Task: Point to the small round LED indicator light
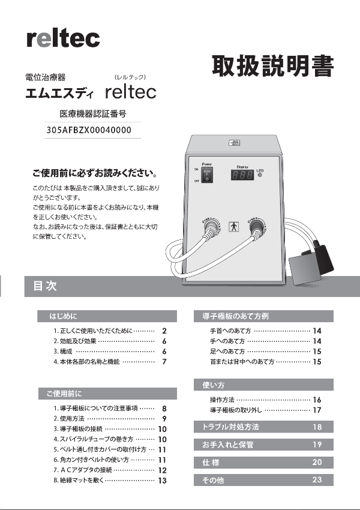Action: pyautogui.click(x=260, y=176)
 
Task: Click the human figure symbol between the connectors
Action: pyautogui.click(x=234, y=228)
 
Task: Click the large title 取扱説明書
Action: pyautogui.click(x=271, y=66)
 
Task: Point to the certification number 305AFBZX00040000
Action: pyautogui.click(x=89, y=130)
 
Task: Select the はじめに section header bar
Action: pyautogui.click(x=108, y=316)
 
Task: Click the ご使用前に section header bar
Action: pyautogui.click(x=108, y=394)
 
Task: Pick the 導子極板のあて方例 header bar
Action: pyautogui.click(x=263, y=316)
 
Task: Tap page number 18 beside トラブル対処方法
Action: pyautogui.click(x=317, y=427)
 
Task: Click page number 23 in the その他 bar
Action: pyautogui.click(x=317, y=480)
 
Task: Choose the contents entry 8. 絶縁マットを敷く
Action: pyautogui.click(x=98, y=481)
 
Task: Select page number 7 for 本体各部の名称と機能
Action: pyautogui.click(x=164, y=362)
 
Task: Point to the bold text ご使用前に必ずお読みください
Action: pyautogui.click(x=95, y=174)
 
